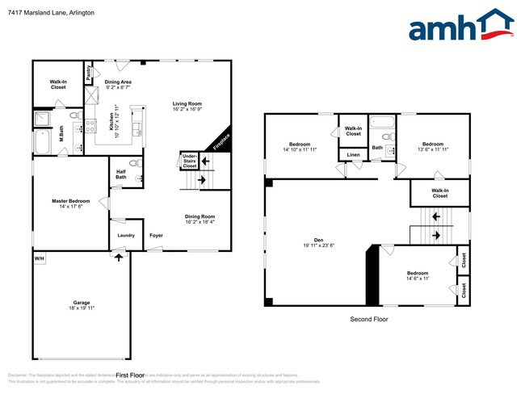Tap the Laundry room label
point(126,235)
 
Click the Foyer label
point(156,235)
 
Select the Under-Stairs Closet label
point(189,161)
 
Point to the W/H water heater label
point(38,258)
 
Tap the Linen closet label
point(354,154)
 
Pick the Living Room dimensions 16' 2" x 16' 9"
point(187,110)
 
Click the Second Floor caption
point(370,320)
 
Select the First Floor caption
point(130,375)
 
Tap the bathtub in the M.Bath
point(42,143)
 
